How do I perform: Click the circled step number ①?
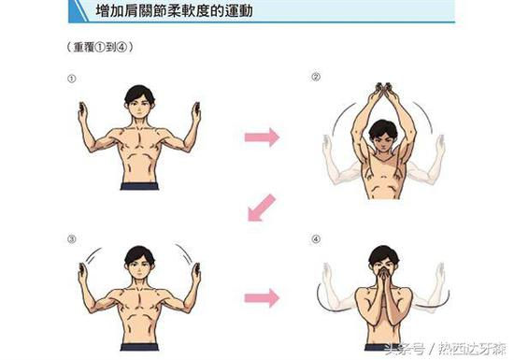[x=71, y=79]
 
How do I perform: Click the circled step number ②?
[x=315, y=77]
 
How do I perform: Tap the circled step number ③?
[x=71, y=239]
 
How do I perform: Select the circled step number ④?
[x=315, y=239]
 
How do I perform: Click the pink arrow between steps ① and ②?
[x=262, y=137]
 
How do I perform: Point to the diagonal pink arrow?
[x=261, y=209]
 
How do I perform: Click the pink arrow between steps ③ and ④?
[x=262, y=298]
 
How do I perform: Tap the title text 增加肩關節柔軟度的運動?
[x=174, y=10]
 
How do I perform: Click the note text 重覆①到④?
[x=100, y=47]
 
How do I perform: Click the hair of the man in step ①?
[x=139, y=93]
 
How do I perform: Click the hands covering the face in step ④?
[x=384, y=279]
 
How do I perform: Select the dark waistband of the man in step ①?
[x=139, y=186]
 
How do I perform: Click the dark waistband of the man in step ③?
[x=139, y=347]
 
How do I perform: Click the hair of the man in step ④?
[x=383, y=253]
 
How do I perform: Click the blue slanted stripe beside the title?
[x=78, y=11]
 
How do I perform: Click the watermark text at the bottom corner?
[x=446, y=349]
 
